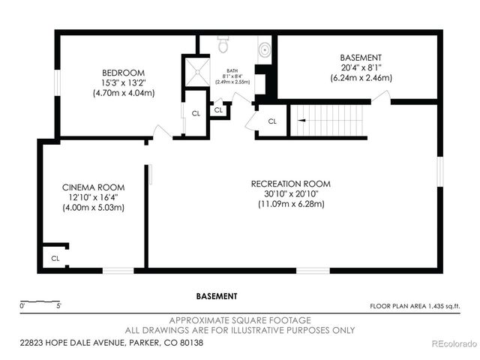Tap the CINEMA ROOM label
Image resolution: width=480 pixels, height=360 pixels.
[x=93, y=187]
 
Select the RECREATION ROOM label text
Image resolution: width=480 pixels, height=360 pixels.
[x=290, y=184]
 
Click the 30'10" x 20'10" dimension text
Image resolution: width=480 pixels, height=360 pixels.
[x=290, y=193]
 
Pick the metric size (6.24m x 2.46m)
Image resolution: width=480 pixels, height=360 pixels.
[x=360, y=77]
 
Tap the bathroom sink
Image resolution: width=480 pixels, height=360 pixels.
[x=265, y=49]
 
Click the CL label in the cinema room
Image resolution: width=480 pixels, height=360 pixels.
[x=55, y=258]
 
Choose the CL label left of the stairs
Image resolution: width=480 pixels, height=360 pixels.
[x=272, y=121]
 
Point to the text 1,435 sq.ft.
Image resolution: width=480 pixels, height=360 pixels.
[x=445, y=306]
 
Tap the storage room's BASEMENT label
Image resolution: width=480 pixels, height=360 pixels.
[x=361, y=57]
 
